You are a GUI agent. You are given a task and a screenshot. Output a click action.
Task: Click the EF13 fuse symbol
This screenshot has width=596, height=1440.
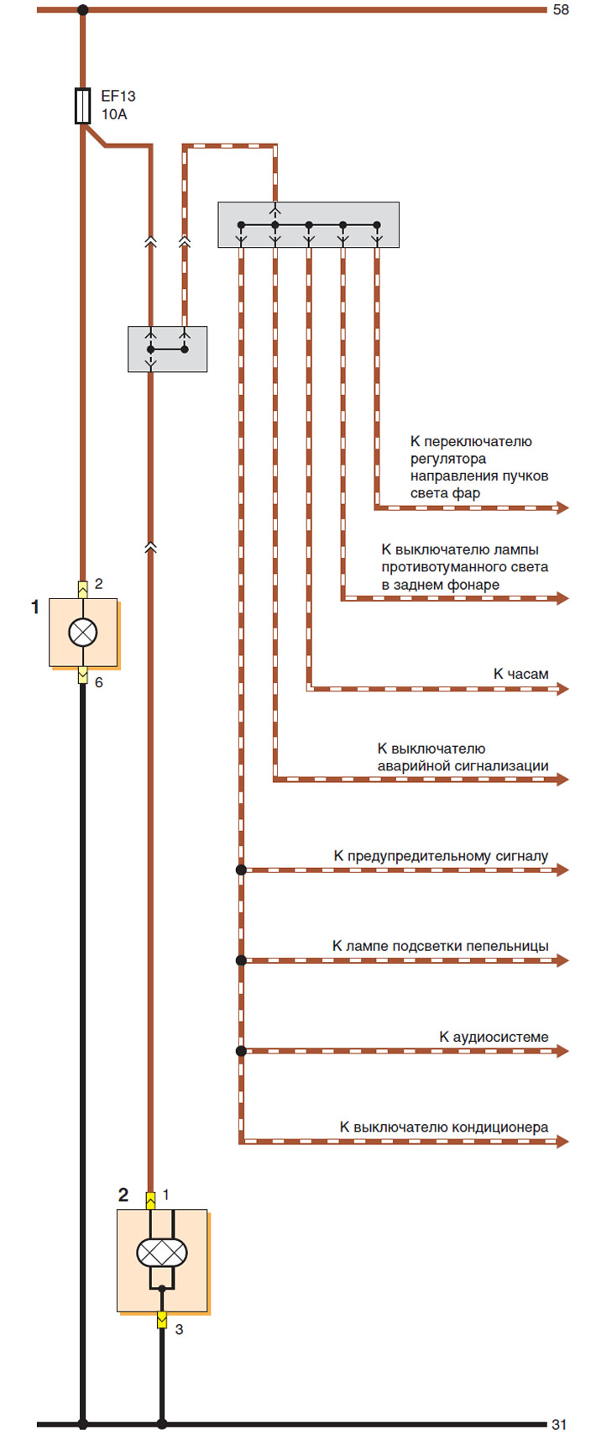(83, 105)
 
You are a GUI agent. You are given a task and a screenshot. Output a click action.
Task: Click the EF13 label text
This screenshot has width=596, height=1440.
(118, 97)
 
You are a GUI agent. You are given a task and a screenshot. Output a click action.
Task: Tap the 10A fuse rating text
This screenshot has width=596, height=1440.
(114, 114)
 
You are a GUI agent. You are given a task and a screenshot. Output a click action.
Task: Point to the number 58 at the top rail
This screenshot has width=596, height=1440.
(561, 9)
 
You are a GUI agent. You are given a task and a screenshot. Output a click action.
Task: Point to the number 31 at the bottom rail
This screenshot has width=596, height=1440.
(559, 1425)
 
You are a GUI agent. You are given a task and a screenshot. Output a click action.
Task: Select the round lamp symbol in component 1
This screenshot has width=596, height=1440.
(83, 632)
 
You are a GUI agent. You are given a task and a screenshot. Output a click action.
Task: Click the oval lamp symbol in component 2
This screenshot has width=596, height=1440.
(162, 1253)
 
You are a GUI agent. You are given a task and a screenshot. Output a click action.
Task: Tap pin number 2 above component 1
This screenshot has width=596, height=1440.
(98, 584)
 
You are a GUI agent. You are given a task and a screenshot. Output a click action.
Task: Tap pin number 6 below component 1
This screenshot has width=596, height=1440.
(98, 682)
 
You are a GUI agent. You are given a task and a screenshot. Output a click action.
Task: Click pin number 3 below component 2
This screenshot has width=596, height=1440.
(179, 1329)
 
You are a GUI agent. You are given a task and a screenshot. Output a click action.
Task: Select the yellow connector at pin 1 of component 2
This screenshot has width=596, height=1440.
(151, 1201)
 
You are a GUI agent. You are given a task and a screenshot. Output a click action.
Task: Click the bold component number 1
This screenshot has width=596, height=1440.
(35, 607)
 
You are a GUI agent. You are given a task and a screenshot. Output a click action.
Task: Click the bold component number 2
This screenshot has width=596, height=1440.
(123, 1195)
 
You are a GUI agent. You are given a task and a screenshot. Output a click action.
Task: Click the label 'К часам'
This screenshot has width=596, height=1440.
(520, 674)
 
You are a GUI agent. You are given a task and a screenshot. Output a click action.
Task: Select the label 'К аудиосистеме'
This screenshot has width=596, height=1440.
(494, 1037)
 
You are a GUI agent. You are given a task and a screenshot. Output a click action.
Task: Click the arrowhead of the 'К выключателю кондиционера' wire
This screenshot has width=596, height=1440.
(562, 1142)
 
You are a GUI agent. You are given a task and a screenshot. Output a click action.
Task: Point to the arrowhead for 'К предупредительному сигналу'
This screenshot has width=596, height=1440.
(562, 870)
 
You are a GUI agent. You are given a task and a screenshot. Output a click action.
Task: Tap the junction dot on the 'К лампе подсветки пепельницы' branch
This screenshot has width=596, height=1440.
(241, 960)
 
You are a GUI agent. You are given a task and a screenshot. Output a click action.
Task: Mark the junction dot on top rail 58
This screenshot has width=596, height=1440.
(83, 9)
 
